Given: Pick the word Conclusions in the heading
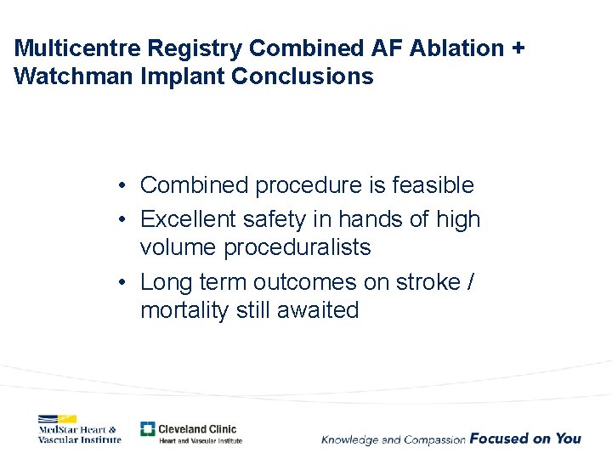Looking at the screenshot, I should click(x=302, y=76).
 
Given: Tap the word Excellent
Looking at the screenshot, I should click(x=188, y=219).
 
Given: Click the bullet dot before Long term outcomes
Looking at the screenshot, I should click(x=123, y=281).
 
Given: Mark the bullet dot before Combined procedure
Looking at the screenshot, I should click(x=123, y=185).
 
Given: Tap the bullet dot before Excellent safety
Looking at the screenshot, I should click(x=123, y=219).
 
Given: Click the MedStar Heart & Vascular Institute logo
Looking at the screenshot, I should click(x=79, y=428).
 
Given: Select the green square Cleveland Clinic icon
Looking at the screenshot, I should click(x=148, y=429).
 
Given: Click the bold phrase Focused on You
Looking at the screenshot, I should click(x=525, y=439).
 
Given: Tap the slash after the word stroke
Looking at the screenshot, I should click(x=471, y=281).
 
